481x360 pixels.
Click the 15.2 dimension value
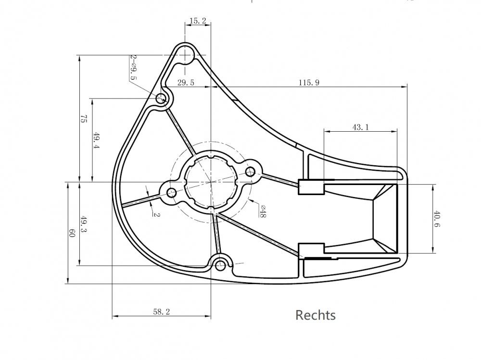[198, 21]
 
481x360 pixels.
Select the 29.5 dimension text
[186, 83]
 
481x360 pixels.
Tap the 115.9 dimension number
[309, 83]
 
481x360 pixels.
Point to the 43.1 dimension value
[360, 127]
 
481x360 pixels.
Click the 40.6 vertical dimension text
[437, 219]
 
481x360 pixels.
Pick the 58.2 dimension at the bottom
[161, 312]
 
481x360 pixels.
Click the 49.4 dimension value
[96, 140]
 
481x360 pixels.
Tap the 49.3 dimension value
[83, 224]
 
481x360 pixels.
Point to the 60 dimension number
[72, 233]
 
